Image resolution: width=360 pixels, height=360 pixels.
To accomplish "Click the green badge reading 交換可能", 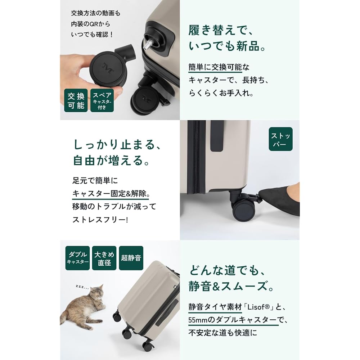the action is tap(76, 100).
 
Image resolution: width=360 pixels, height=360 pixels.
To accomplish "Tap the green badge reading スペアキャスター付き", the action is tap(102, 100).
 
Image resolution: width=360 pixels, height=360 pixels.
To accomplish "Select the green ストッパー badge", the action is tap(280, 139).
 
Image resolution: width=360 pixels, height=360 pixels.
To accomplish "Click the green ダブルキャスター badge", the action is tap(77, 258).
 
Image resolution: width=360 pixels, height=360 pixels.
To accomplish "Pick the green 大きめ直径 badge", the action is tap(104, 258).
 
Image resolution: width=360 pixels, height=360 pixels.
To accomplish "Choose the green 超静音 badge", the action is tap(131, 258).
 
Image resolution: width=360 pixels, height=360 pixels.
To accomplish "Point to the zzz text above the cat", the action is tap(82, 287).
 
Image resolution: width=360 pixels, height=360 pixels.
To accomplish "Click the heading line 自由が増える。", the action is tap(112, 160).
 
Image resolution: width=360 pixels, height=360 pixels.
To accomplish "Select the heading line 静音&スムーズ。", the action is tap(231, 286).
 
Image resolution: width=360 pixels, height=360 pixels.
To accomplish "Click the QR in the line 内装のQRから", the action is tap(94, 24).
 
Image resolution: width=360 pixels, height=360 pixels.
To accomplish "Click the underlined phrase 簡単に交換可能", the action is tap(215, 67).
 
